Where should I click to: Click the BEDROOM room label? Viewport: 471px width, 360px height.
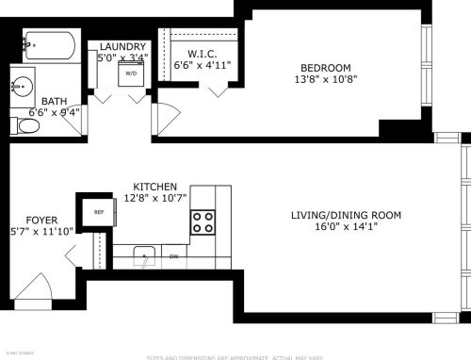(x=325, y=68)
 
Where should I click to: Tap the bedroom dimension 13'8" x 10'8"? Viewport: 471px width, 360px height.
(x=325, y=80)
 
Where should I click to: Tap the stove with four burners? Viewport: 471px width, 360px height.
(x=203, y=222)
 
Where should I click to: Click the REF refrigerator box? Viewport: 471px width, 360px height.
(x=98, y=213)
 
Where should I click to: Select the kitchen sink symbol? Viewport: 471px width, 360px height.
(x=144, y=254)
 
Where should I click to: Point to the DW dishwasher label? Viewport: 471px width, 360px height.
(x=174, y=255)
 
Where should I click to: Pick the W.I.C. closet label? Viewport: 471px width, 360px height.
(x=203, y=53)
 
